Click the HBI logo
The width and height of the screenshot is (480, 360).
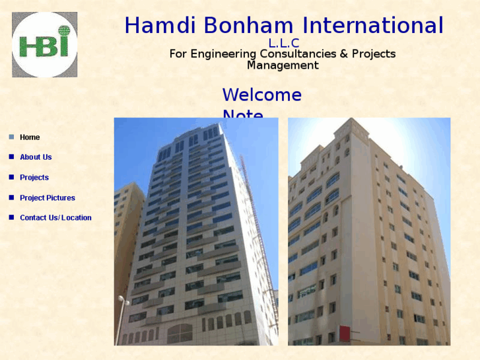[44, 44]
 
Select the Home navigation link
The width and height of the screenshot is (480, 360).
[30, 137]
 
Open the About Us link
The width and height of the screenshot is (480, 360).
[36, 157]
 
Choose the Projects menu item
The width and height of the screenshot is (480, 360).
[34, 178]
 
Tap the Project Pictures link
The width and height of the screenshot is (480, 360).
[48, 198]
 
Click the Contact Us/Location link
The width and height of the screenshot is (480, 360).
[55, 218]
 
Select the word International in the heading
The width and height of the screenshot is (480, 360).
[373, 26]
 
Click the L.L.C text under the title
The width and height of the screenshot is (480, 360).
[284, 44]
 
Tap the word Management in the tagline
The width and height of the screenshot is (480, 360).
[283, 65]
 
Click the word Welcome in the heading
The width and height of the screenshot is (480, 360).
[261, 95]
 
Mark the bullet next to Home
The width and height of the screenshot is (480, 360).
[11, 137]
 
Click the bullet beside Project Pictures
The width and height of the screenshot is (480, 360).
[11, 198]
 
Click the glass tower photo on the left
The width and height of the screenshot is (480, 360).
[196, 231]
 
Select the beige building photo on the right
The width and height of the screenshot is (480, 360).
[369, 231]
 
